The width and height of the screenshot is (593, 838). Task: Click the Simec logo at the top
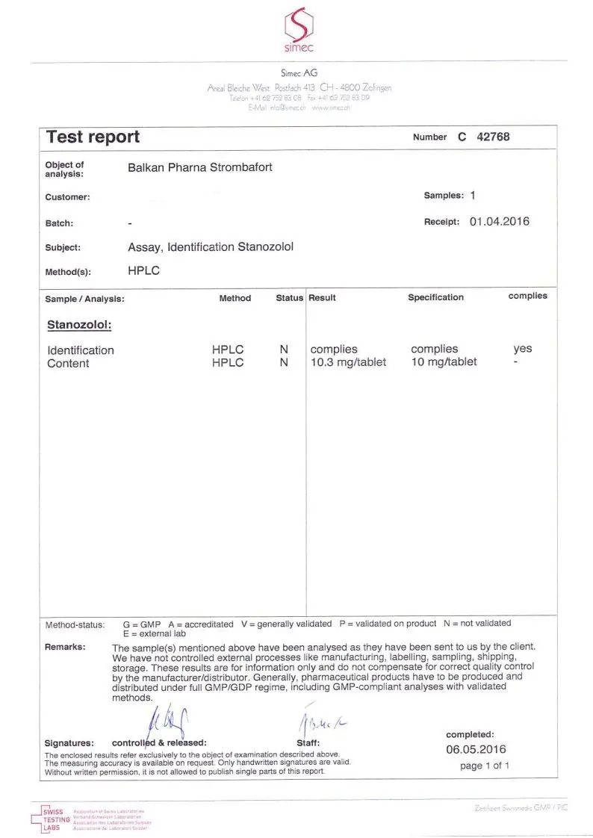(298, 30)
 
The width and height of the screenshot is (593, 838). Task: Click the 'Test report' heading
(93, 137)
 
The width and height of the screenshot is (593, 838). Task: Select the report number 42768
(494, 137)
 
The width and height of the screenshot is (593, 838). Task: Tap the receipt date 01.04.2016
(499, 221)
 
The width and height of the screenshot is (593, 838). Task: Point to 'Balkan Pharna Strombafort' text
(199, 167)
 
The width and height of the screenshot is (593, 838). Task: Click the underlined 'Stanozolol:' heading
(79, 325)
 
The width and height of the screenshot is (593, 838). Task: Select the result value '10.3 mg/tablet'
(348, 362)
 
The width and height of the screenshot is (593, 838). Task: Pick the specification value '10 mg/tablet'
(444, 362)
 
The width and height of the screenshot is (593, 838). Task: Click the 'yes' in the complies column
(523, 349)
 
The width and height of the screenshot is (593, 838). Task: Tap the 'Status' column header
(289, 298)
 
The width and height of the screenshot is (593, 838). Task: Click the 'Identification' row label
(81, 350)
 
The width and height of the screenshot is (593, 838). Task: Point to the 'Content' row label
(68, 364)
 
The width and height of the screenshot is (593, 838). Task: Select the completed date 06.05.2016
(476, 749)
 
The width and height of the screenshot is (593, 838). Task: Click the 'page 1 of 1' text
(485, 766)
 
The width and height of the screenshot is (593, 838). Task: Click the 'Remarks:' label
(65, 647)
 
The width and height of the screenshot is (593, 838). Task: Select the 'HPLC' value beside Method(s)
(143, 271)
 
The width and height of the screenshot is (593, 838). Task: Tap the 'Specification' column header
(435, 297)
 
